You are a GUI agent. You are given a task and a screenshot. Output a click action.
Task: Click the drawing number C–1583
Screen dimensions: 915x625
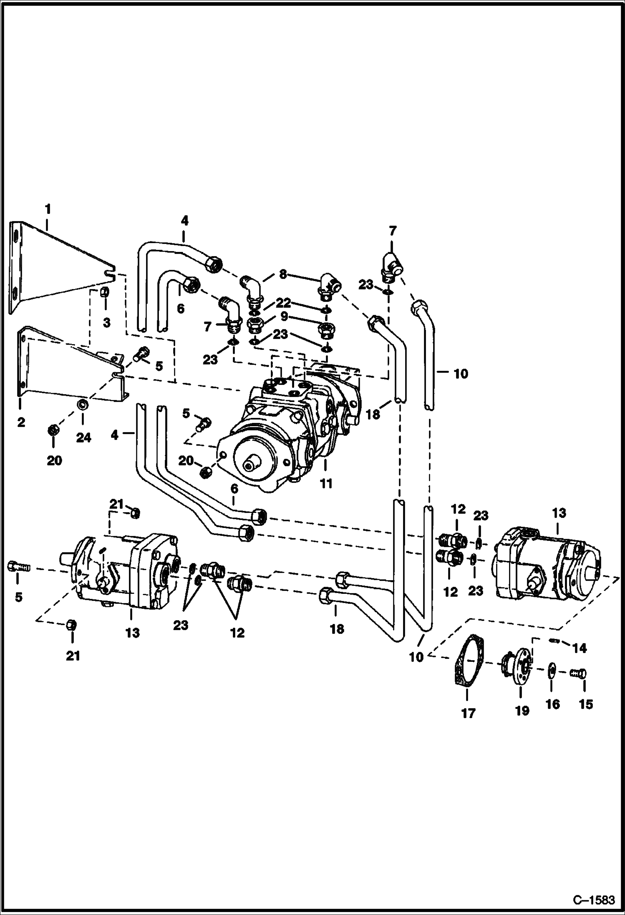coord(594,900)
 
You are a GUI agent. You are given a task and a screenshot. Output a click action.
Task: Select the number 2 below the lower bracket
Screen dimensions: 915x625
coord(21,422)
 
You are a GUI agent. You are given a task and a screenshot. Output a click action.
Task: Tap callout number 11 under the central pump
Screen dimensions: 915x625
coord(326,483)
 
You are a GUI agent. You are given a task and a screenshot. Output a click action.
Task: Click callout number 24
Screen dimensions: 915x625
coord(83,437)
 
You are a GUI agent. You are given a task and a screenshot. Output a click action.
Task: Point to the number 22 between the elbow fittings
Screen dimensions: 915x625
coord(284,303)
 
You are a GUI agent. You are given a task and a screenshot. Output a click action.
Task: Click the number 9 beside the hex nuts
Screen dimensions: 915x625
coord(284,317)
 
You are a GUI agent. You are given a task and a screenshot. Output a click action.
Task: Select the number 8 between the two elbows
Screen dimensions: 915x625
coord(283,274)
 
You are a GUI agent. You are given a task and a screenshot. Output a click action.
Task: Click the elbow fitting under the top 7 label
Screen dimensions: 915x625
coord(391,265)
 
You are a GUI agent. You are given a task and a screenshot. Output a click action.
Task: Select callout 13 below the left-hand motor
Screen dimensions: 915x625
coord(132,633)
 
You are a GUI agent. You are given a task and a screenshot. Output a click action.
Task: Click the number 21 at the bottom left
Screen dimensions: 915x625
coord(73,656)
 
